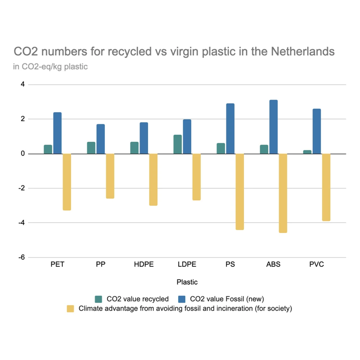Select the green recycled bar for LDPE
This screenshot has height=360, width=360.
pos(178,144)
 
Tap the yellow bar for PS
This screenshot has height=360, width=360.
pos(240,192)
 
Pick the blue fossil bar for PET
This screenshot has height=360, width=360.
pos(57,133)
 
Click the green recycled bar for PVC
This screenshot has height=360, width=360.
pos(307,152)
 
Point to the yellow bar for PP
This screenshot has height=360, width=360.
pos(110,176)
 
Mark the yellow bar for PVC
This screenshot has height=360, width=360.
pos(326,187)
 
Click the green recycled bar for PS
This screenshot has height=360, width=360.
pos(221,148)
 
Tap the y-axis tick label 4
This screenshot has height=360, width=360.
pos(22,84)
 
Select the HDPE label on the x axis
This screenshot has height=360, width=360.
pos(144,264)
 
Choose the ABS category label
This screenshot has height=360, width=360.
pos(274,264)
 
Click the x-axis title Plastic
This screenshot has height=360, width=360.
pos(187,282)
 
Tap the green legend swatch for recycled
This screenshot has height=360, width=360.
pos(99,299)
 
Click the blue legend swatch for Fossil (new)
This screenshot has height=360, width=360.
pos(182,299)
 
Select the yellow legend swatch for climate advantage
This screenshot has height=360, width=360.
pos(71,309)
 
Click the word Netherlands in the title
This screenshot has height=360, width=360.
pos(303,52)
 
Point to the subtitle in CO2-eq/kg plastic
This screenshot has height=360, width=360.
pos(50,66)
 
